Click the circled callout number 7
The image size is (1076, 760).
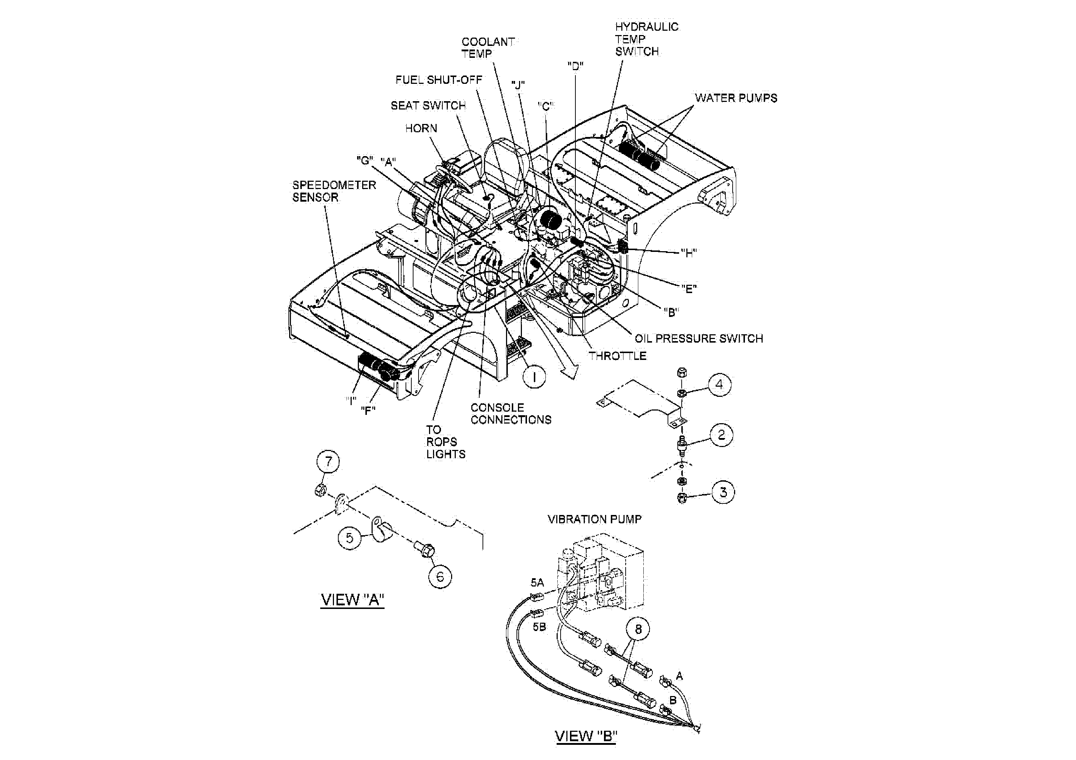click(x=328, y=461)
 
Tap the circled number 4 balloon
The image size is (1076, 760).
click(x=719, y=385)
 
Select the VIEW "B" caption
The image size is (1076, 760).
click(x=586, y=736)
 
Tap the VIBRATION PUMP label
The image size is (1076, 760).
click(x=594, y=519)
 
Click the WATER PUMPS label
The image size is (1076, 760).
click(x=736, y=98)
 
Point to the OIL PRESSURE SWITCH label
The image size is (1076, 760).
click(x=699, y=338)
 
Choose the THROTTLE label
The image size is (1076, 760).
click(x=618, y=356)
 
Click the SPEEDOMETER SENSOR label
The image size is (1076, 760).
click(x=334, y=191)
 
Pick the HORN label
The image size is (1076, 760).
click(x=421, y=128)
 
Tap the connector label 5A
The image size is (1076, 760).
click(x=537, y=583)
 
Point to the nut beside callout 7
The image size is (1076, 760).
click(x=320, y=490)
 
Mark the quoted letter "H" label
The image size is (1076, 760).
click(x=688, y=253)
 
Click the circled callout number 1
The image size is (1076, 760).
click(x=534, y=376)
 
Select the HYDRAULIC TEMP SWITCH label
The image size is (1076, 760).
click(x=646, y=39)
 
